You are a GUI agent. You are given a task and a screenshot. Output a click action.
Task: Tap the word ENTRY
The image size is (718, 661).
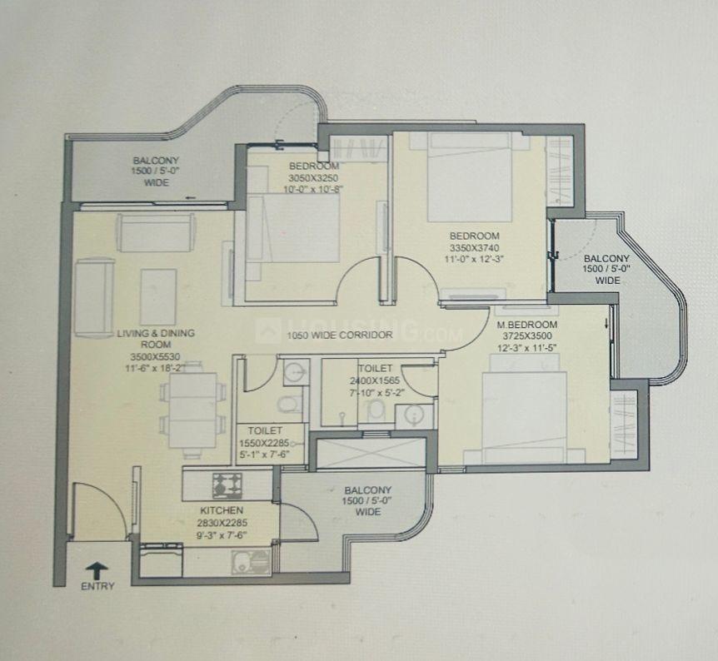[97, 586]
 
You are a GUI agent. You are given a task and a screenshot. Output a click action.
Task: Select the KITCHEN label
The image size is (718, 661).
[222, 510]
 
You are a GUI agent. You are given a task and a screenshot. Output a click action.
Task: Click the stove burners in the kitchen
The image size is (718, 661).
[227, 485]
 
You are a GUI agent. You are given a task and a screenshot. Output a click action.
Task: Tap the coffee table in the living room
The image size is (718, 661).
[158, 296]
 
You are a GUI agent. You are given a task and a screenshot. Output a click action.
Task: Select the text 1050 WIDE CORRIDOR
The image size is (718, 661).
[340, 335]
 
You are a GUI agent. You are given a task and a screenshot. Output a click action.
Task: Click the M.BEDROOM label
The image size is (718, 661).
[527, 325]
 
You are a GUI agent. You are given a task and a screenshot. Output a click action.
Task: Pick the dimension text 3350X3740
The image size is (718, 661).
[475, 247]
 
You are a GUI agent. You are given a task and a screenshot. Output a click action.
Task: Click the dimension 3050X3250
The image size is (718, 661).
[314, 177]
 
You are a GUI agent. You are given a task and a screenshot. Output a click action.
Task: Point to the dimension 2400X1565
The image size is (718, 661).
[375, 380]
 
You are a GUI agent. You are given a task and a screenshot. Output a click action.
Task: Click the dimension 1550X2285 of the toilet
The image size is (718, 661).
[265, 443]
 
